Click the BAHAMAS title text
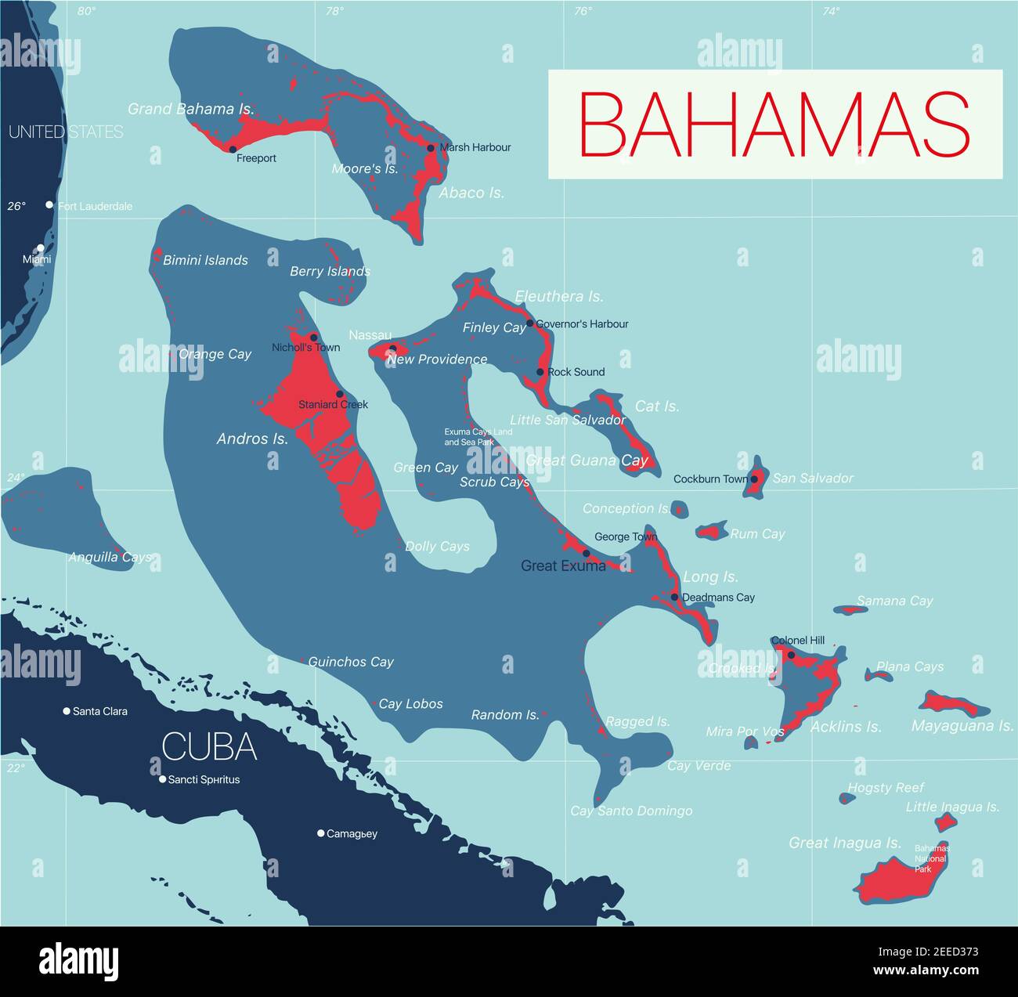[774, 125]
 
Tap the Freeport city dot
[233, 149]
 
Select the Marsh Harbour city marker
[431, 147]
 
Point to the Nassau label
[370, 335]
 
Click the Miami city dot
[41, 248]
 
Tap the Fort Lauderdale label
[95, 207]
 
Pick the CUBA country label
[209, 747]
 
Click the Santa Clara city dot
[67, 711]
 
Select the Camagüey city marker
[321, 833]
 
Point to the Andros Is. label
[252, 439]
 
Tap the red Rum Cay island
[712, 533]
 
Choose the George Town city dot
[586, 553]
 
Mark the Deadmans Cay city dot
[674, 598]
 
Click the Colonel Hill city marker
[791, 655]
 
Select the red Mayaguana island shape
[952, 703]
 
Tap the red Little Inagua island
[946, 822]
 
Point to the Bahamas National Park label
[931, 858]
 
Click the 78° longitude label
[334, 11]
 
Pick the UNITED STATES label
[66, 132]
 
